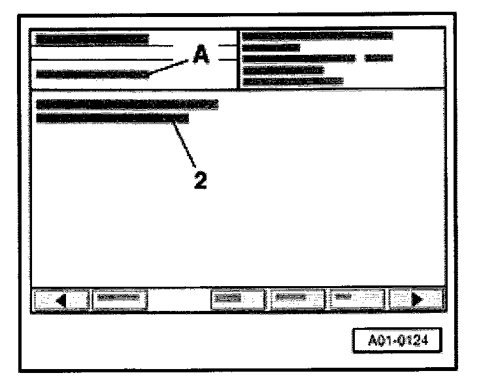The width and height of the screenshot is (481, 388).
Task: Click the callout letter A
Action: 201,57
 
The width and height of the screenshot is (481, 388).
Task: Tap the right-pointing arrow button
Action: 416,300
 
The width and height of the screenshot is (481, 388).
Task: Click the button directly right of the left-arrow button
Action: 119,300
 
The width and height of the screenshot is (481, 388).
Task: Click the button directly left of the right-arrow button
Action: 356,300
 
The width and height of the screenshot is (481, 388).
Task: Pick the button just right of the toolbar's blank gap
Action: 237,300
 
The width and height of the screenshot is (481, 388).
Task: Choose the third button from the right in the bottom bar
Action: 297,300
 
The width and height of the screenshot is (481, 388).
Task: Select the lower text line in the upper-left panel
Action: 91,74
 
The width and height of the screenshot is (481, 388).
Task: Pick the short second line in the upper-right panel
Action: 271,47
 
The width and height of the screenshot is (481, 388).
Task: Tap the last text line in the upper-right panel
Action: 293,81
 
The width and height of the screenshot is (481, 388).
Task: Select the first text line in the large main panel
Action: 127,104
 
